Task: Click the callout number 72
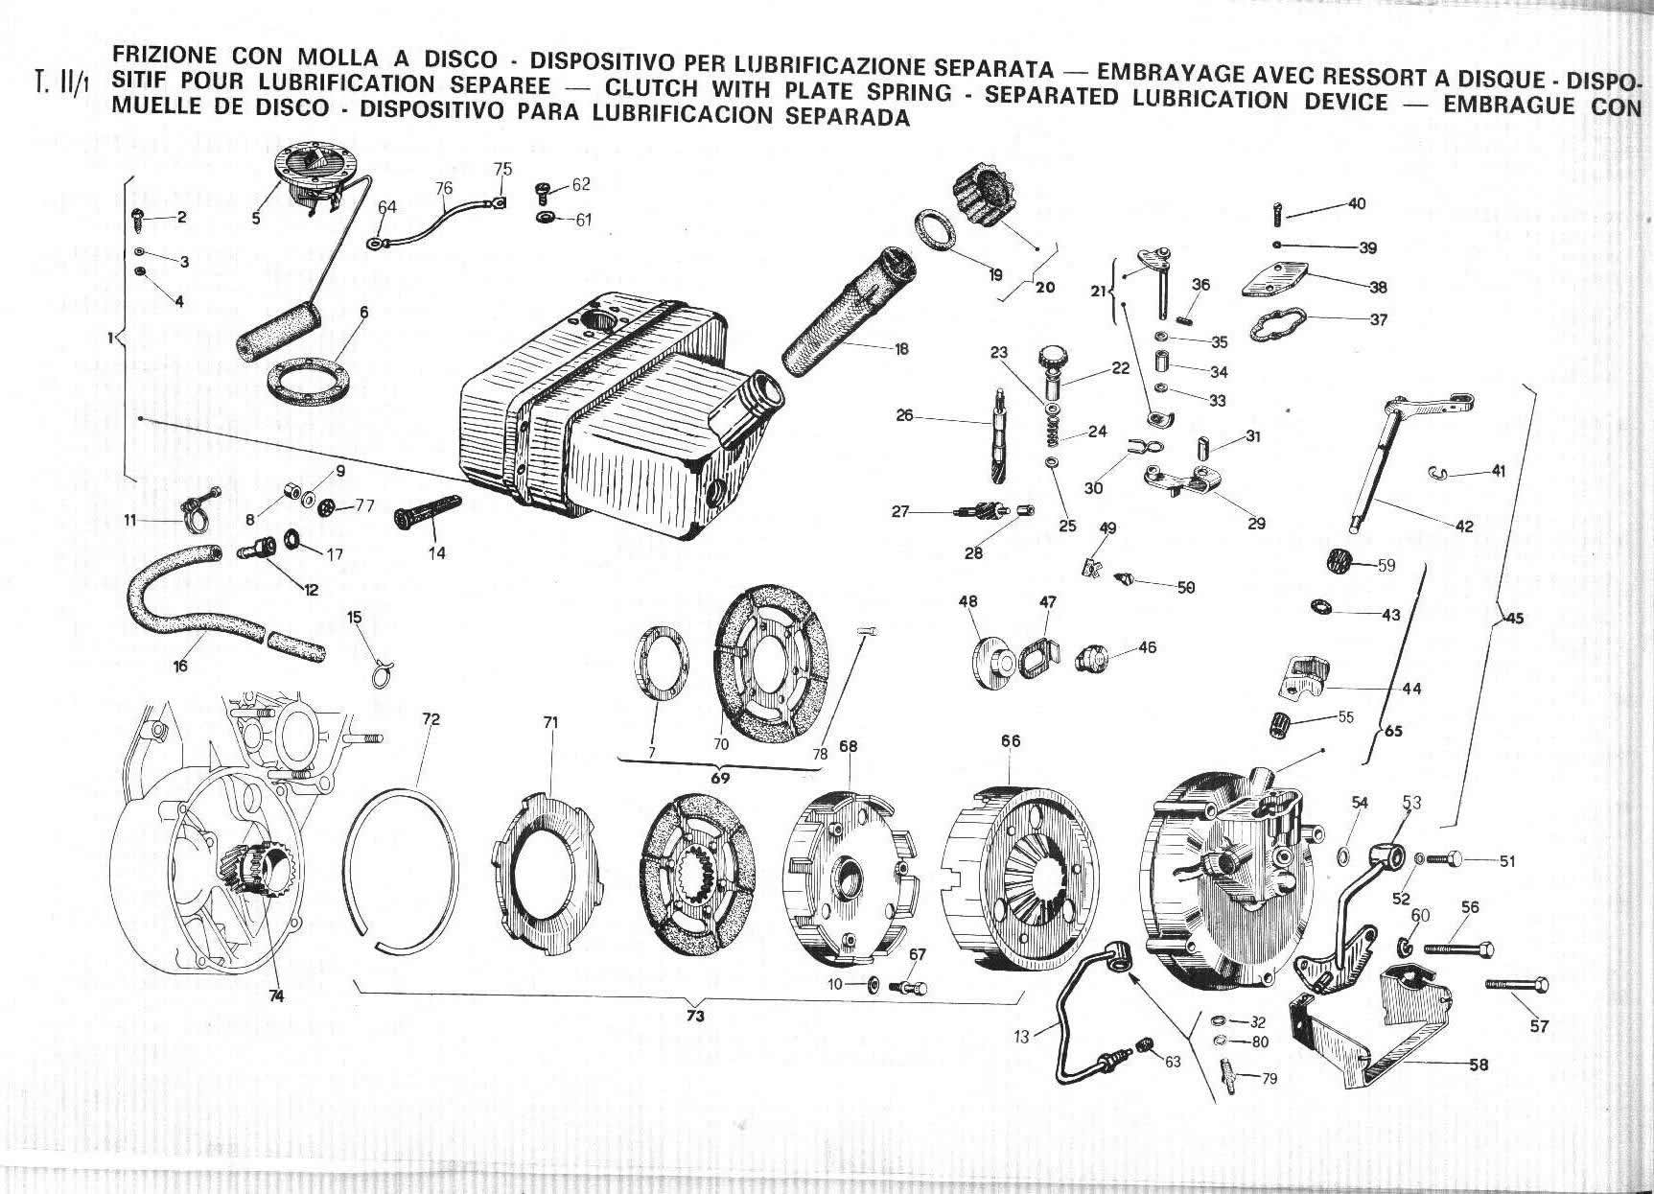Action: click(x=431, y=719)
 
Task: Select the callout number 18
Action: click(x=900, y=350)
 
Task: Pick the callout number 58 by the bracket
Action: click(x=1478, y=1065)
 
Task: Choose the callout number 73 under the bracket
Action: click(x=695, y=1017)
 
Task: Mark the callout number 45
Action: click(x=1513, y=618)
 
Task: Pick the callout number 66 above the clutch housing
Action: click(x=1011, y=741)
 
